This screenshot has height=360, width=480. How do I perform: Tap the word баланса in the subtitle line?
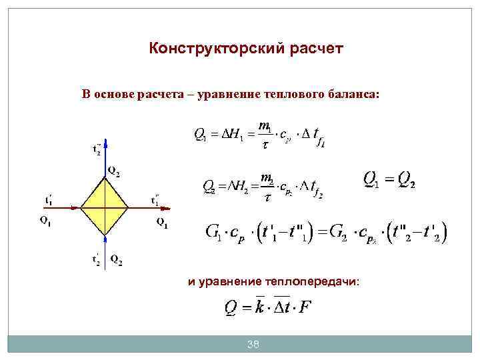(352, 95)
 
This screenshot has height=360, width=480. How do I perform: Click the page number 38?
(253, 344)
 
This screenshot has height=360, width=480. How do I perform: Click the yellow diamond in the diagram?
(105, 207)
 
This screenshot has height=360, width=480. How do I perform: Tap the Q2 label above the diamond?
(114, 174)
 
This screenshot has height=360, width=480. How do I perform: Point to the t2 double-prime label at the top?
(97, 149)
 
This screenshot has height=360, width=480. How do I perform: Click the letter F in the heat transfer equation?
(305, 308)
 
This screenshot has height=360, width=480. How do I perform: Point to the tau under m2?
(267, 197)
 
